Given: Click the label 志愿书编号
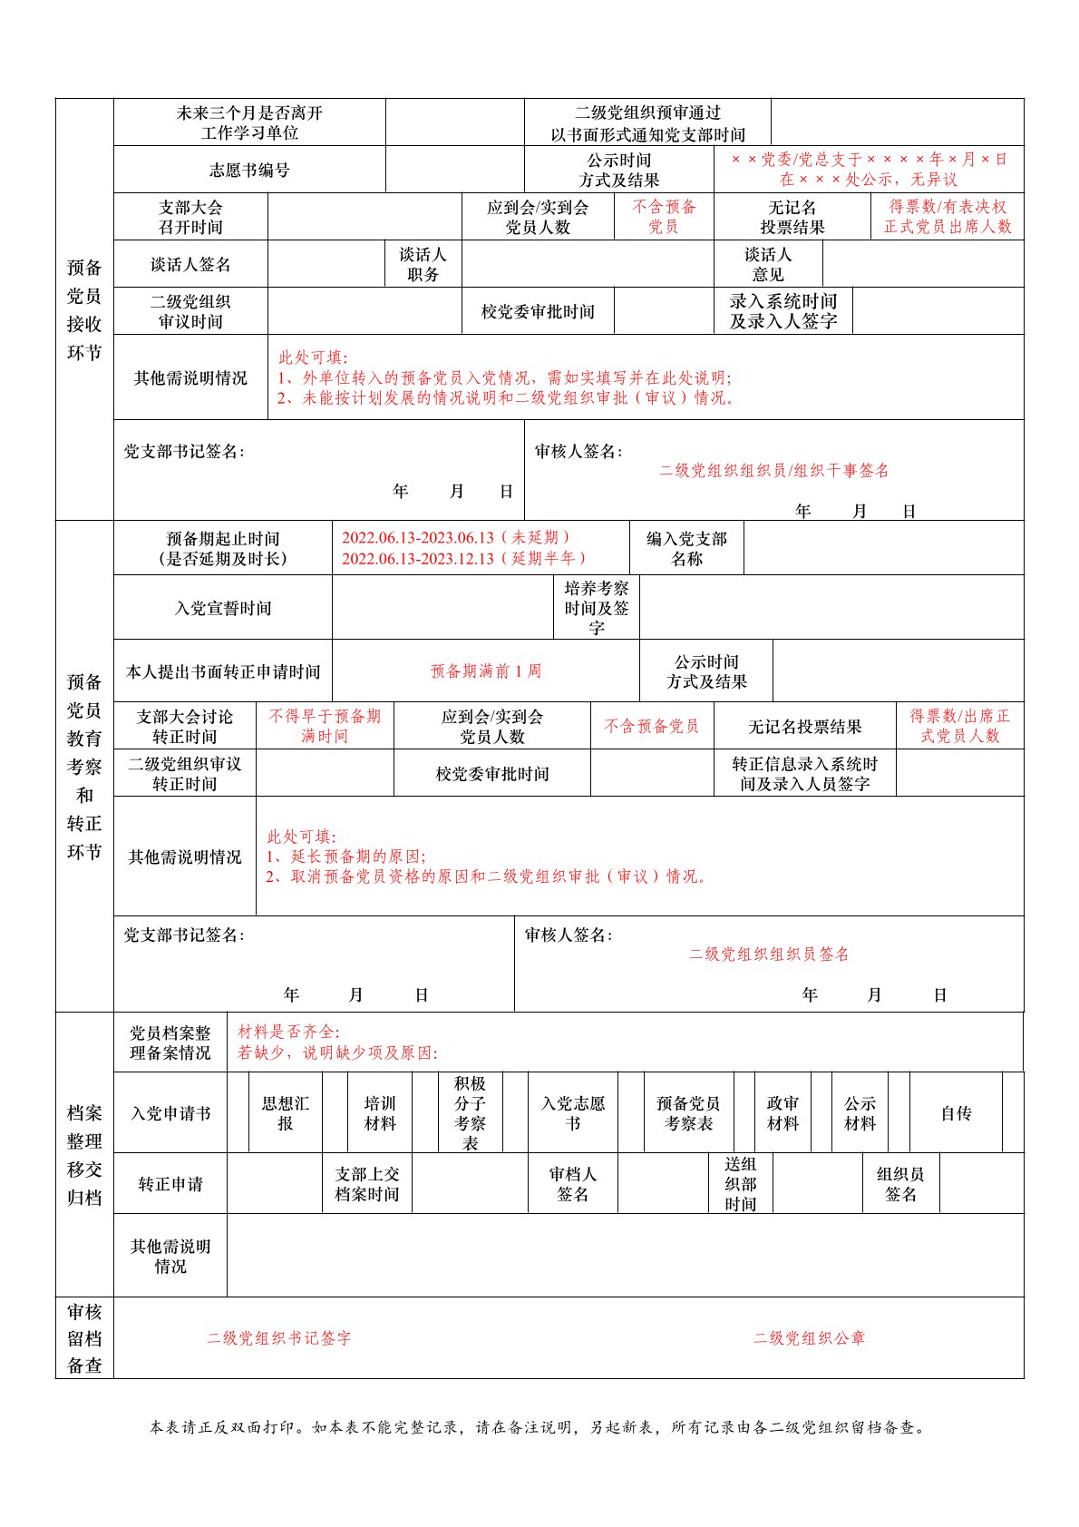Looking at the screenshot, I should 249,170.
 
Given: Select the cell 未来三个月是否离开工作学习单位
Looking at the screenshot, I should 249,122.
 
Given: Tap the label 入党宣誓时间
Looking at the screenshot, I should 223,608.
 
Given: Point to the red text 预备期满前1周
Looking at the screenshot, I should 486,671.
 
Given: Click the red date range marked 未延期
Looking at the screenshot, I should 456,538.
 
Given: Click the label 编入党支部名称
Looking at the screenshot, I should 686,549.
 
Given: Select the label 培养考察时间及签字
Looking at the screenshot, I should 596,608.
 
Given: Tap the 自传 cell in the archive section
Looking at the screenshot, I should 956,1113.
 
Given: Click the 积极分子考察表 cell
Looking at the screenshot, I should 470,1113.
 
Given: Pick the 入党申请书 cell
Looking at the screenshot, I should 170,1113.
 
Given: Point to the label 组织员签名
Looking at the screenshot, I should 899,1184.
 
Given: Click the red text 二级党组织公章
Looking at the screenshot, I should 809,1338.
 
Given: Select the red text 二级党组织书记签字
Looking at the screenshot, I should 278,1338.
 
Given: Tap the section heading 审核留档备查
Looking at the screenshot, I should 84,1338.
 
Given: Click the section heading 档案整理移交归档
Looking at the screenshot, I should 84,1155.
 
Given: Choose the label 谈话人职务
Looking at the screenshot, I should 423,264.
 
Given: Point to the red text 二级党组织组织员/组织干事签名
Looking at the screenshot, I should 773,471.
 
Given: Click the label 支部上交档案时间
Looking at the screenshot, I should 367,1184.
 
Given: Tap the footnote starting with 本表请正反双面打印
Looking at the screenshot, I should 539,1427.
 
